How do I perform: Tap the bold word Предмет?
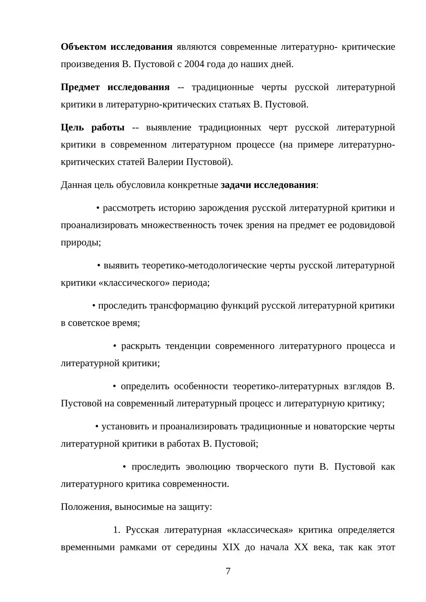click(x=80, y=87)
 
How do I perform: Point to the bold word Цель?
click(x=72, y=127)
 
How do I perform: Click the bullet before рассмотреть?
click(x=98, y=208)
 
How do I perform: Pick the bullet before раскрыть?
click(x=115, y=346)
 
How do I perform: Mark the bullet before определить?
click(x=114, y=386)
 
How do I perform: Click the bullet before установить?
click(x=97, y=427)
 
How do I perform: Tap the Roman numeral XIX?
click(x=231, y=547)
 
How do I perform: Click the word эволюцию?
click(x=208, y=467)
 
